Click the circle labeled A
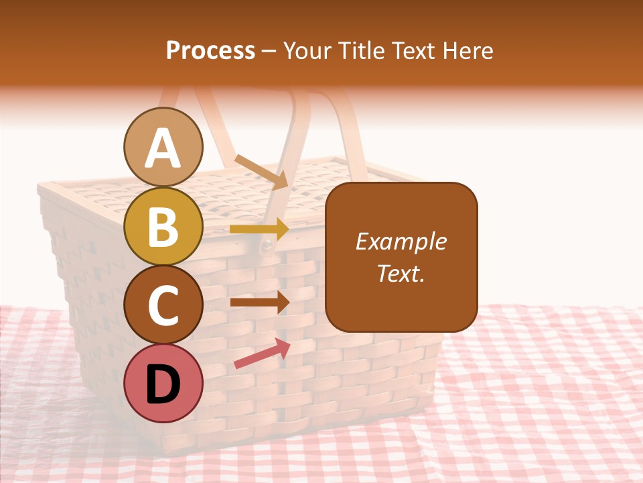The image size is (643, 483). coord(163,147)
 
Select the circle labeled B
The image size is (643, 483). coord(163,226)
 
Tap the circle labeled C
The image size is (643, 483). coord(163,305)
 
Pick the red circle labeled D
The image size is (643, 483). coord(163,383)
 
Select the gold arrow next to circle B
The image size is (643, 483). coord(259,229)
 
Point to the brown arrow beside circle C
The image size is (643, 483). coord(260,302)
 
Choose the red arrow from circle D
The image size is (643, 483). coord(262,354)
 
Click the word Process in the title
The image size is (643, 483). coord(210,50)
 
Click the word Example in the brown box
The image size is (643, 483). coord(401,241)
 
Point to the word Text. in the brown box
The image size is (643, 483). coord(401,273)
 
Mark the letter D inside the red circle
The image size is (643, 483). coord(163,384)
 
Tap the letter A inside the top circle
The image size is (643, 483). coord(163,148)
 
